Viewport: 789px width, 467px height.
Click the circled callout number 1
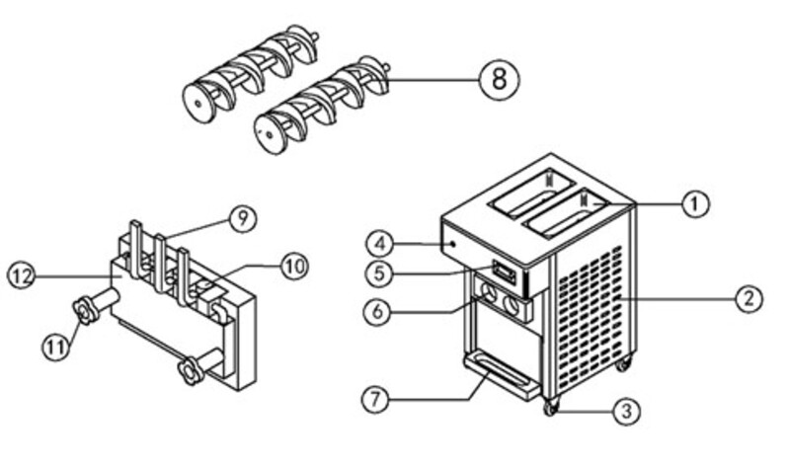click(x=695, y=203)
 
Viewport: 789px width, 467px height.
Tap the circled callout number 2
click(x=750, y=298)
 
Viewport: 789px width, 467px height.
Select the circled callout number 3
click(x=626, y=411)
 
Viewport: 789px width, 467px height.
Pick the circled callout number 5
click(x=379, y=273)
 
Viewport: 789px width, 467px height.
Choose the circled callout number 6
click(x=377, y=312)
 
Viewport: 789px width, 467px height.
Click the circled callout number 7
click(x=376, y=400)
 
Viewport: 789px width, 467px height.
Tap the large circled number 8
click(x=499, y=80)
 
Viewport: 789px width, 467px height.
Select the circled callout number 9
click(x=243, y=219)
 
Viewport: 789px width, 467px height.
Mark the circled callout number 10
click(x=294, y=266)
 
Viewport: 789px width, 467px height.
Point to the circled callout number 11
click(x=56, y=347)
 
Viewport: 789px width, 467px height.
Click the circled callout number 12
click(x=22, y=275)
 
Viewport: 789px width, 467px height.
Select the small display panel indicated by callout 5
click(x=505, y=272)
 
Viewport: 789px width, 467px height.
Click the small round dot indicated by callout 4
click(x=454, y=244)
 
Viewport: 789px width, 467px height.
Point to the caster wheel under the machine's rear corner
click(x=623, y=362)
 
